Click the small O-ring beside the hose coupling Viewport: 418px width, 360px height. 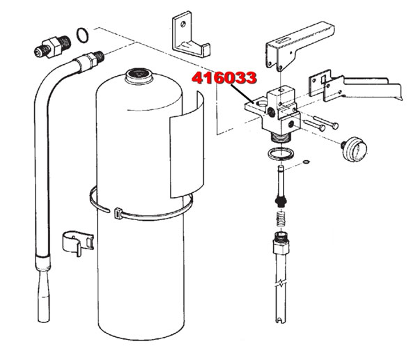[x=82, y=33]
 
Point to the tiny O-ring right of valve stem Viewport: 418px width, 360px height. [x=307, y=163]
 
